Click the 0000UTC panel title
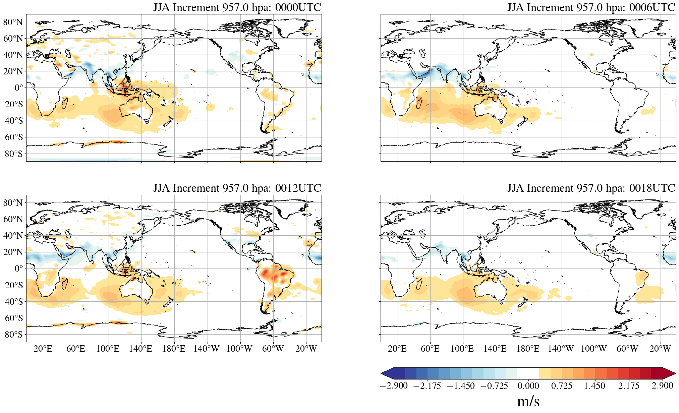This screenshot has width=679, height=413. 237,7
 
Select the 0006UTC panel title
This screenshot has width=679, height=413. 591,7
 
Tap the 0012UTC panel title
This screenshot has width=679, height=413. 237,188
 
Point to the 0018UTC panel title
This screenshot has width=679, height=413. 591,188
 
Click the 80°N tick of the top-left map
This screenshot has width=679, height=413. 13,22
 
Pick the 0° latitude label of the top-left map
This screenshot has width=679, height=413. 19,88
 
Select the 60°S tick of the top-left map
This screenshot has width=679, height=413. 14,137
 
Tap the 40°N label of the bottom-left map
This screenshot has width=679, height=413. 13,236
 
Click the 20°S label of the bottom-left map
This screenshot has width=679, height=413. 14,285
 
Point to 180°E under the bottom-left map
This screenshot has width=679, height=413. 174,349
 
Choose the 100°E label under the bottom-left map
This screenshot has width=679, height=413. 108,349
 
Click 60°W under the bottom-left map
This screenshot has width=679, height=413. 273,349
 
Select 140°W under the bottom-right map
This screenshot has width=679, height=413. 561,349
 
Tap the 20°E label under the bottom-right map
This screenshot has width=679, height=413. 397,349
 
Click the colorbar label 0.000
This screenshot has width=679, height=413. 528,386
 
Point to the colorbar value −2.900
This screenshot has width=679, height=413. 394,386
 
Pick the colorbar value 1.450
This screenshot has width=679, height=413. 595,386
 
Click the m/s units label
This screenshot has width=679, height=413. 528,401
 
